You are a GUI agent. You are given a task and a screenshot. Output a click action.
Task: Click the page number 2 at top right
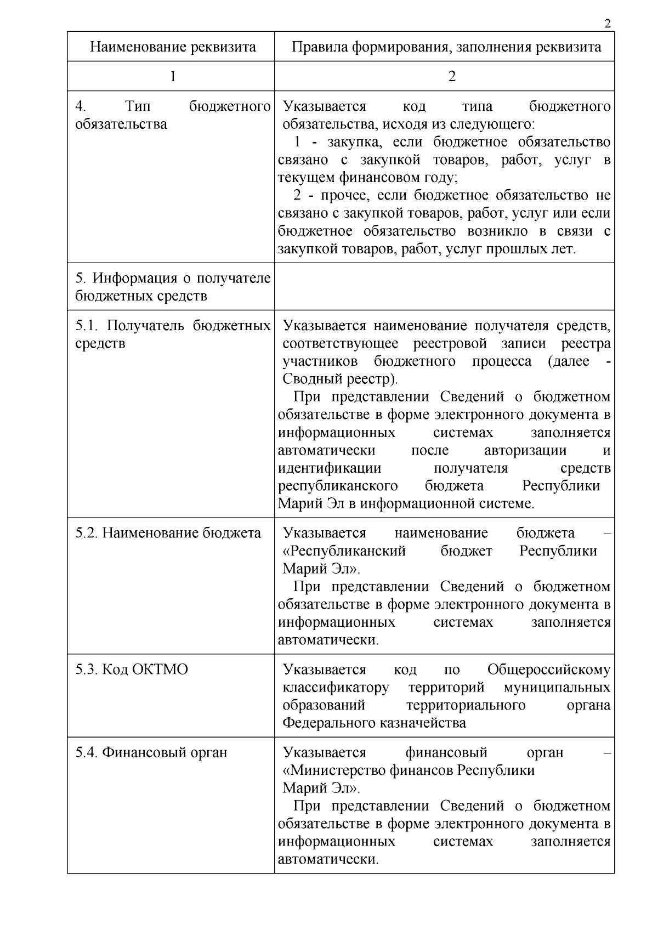(x=606, y=24)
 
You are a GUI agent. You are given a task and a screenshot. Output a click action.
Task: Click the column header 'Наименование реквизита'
(x=173, y=47)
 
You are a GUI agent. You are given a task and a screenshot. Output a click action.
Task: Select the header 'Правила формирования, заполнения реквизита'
(x=446, y=47)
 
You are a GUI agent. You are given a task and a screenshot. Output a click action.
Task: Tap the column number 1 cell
(x=173, y=76)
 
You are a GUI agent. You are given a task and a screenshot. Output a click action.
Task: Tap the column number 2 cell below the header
(x=451, y=76)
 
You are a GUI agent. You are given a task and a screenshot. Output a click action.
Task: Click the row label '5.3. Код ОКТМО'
(x=132, y=670)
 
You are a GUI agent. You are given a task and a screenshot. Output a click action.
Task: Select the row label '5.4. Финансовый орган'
(x=151, y=752)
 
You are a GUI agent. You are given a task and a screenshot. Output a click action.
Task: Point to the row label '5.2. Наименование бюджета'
(x=168, y=533)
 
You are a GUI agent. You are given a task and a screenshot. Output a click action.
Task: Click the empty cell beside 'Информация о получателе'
(x=444, y=286)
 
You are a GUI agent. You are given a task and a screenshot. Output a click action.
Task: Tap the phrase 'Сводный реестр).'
(x=340, y=379)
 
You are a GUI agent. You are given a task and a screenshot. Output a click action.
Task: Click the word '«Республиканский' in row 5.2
(x=344, y=551)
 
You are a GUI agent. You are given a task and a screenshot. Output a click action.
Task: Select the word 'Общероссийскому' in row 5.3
(x=548, y=670)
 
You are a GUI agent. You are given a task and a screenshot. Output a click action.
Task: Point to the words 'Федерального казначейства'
(x=374, y=723)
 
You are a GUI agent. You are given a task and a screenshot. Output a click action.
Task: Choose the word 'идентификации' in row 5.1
(x=330, y=468)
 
